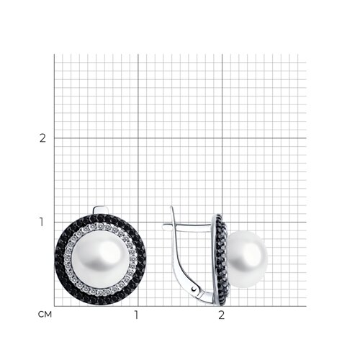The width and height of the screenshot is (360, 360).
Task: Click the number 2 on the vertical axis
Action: pyautogui.click(x=42, y=138)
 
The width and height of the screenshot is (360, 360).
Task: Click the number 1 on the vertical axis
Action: pyautogui.click(x=42, y=222)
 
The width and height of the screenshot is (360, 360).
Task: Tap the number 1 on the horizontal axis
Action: pyautogui.click(x=137, y=315)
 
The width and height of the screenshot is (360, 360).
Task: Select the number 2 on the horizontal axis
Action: pyautogui.click(x=222, y=315)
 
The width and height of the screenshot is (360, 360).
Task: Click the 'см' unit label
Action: pyautogui.click(x=45, y=314)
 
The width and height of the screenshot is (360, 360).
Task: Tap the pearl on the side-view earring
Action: pyautogui.click(x=246, y=259)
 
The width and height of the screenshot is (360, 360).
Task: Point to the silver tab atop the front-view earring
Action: pyautogui.click(x=102, y=210)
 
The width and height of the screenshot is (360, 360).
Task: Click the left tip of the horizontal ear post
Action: pyautogui.click(x=163, y=226)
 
